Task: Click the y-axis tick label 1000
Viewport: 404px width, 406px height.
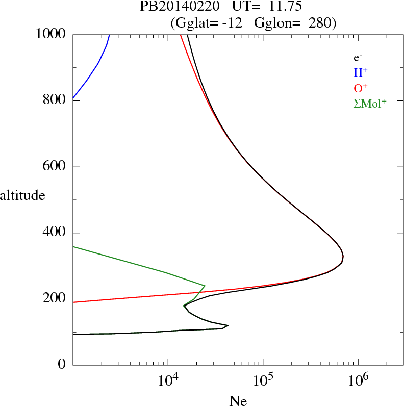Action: pyautogui.click(x=51, y=34)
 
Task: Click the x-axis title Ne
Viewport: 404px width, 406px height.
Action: pyautogui.click(x=238, y=401)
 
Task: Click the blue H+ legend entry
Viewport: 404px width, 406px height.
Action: pyautogui.click(x=361, y=73)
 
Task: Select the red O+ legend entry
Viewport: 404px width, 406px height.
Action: pyautogui.click(x=361, y=88)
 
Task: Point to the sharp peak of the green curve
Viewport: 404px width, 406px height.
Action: pyautogui.click(x=205, y=286)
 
